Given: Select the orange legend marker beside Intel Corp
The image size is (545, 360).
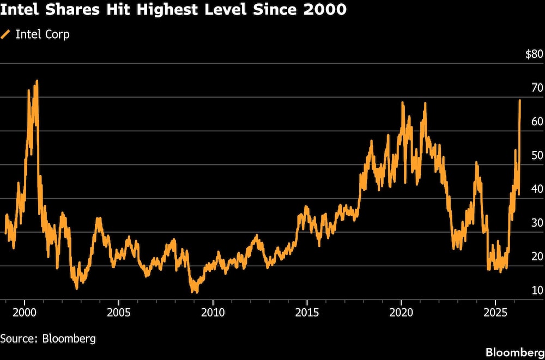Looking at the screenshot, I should pos(6,35).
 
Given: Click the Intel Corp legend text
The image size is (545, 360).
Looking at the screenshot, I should pos(43,35).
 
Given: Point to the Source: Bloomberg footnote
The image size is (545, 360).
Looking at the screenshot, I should pos(48,338).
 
